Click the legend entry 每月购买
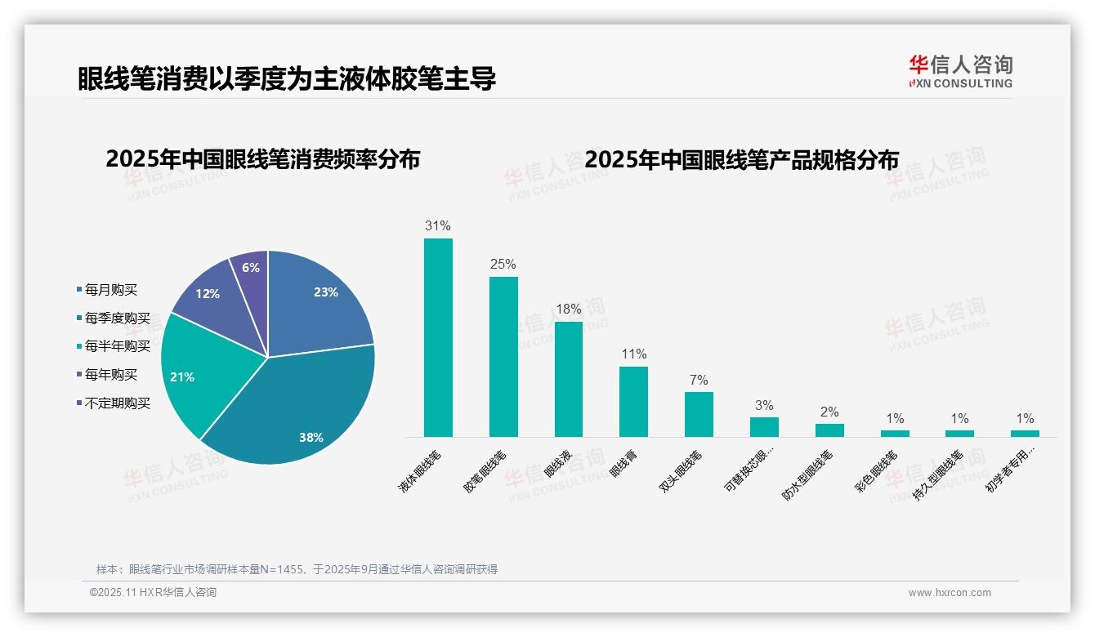[x=111, y=290]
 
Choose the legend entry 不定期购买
[x=118, y=403]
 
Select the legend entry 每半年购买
[x=118, y=346]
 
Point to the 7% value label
[x=699, y=381]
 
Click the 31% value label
[x=438, y=226]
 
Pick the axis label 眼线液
[x=558, y=463]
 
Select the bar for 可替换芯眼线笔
[x=764, y=427]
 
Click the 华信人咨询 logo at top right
[x=960, y=71]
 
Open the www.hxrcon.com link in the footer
[x=950, y=593]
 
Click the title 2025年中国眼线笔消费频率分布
[x=262, y=159]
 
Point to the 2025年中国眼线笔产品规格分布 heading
[x=741, y=159]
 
